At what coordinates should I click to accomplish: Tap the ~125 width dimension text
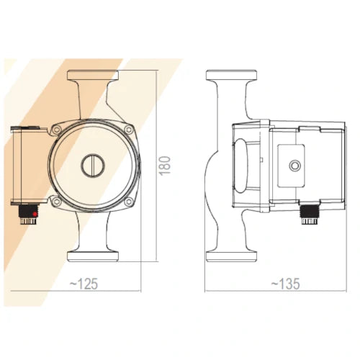[x=84, y=284]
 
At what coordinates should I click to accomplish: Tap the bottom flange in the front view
[x=91, y=255]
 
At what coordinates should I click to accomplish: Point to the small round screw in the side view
[x=294, y=166]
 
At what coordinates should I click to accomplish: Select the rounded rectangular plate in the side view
[x=294, y=166]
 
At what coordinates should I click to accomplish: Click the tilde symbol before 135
[x=273, y=285]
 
